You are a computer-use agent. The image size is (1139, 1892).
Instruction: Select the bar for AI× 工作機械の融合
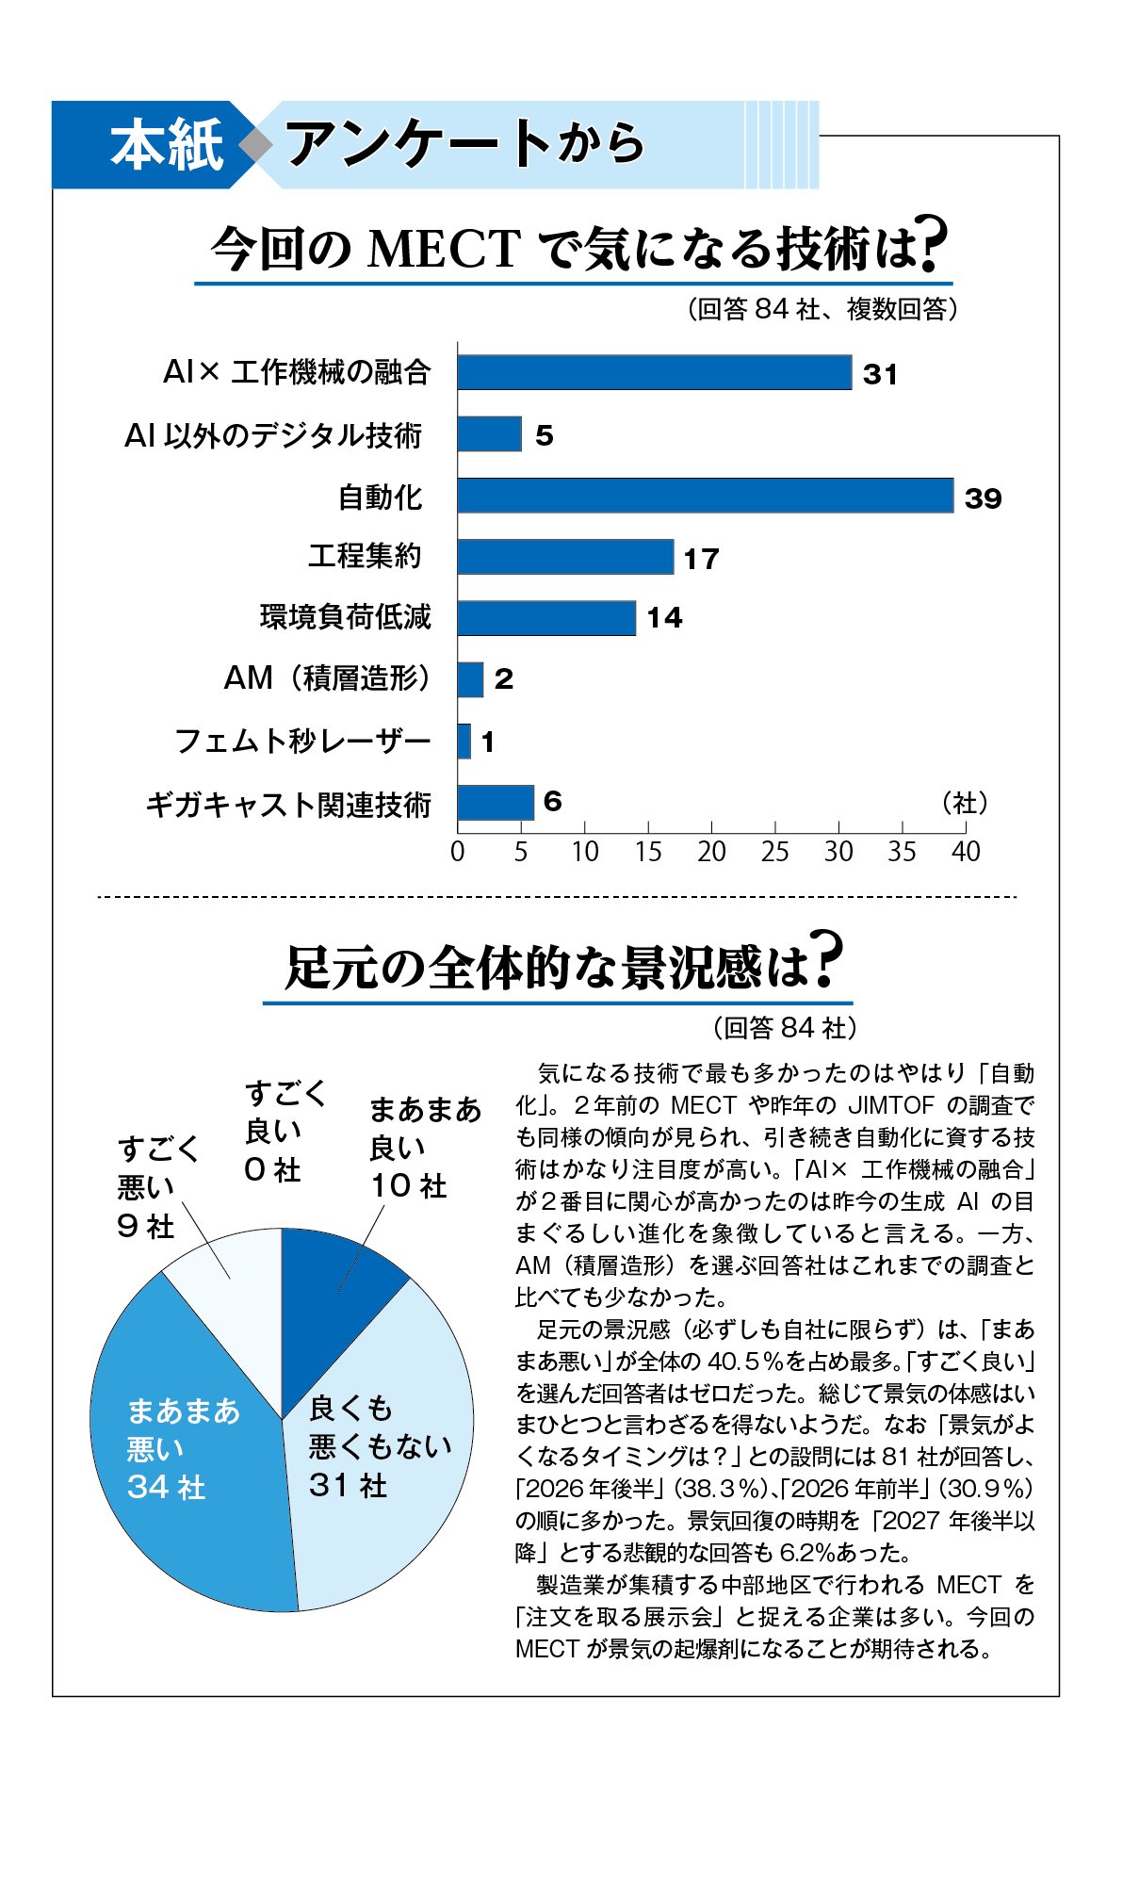click(x=654, y=372)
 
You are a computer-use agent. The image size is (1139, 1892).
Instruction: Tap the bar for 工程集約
click(x=565, y=557)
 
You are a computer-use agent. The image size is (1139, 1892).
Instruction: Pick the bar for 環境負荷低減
click(x=546, y=618)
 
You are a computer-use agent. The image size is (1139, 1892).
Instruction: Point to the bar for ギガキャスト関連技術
click(x=496, y=803)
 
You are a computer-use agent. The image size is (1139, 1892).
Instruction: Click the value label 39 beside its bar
click(x=983, y=498)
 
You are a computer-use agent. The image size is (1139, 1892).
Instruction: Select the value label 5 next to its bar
click(x=544, y=435)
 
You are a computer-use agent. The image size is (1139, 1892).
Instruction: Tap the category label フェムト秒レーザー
click(x=302, y=742)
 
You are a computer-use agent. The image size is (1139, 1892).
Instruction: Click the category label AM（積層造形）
click(x=327, y=678)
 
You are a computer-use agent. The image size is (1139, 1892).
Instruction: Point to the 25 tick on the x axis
click(x=775, y=852)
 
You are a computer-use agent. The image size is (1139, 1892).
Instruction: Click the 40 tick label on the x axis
click(x=966, y=852)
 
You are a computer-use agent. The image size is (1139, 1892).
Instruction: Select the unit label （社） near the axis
click(x=965, y=803)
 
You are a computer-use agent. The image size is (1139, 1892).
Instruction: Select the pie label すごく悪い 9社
click(x=155, y=1187)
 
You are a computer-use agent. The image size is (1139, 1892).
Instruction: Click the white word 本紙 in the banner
click(x=167, y=145)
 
